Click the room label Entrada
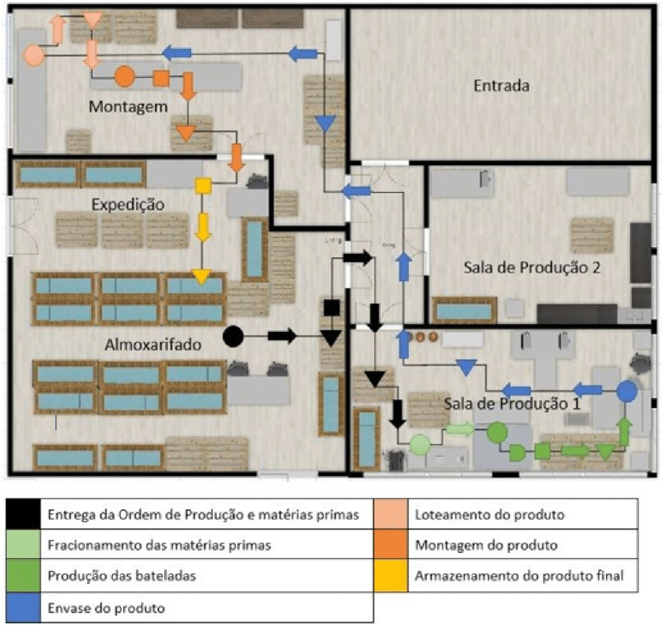click(501, 86)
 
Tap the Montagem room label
click(128, 106)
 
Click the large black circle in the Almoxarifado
click(233, 336)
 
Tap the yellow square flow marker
click(202, 185)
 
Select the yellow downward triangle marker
click(202, 276)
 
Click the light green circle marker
click(420, 444)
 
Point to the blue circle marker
click(627, 391)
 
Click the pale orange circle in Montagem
click(33, 55)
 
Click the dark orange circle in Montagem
click(124, 76)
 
